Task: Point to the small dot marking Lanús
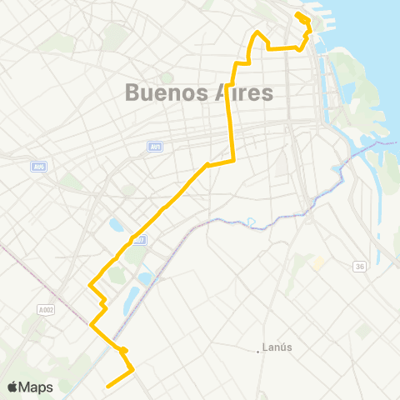[x=259, y=351]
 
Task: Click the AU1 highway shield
[x=154, y=147]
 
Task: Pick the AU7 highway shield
[x=138, y=240]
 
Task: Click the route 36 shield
[x=359, y=266]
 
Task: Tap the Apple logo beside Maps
[x=14, y=387]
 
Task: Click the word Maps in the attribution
[x=37, y=387]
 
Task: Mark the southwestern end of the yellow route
[x=107, y=386]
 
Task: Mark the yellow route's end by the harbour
[x=298, y=14]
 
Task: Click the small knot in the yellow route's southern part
[x=122, y=350]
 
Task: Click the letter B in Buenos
[x=132, y=93]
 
